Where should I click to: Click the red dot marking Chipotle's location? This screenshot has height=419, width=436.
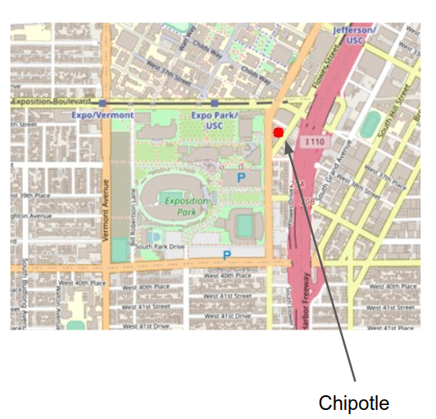pos(279,131)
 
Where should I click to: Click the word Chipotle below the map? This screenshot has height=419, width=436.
pos(353,403)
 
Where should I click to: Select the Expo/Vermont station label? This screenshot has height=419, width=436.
pos(102,116)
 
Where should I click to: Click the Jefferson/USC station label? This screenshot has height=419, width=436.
pos(354,35)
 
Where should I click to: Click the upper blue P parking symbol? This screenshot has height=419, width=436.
pos(241,176)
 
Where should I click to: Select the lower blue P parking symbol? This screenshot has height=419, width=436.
pos(227,256)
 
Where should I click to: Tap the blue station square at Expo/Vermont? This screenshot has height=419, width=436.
pos(102,104)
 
